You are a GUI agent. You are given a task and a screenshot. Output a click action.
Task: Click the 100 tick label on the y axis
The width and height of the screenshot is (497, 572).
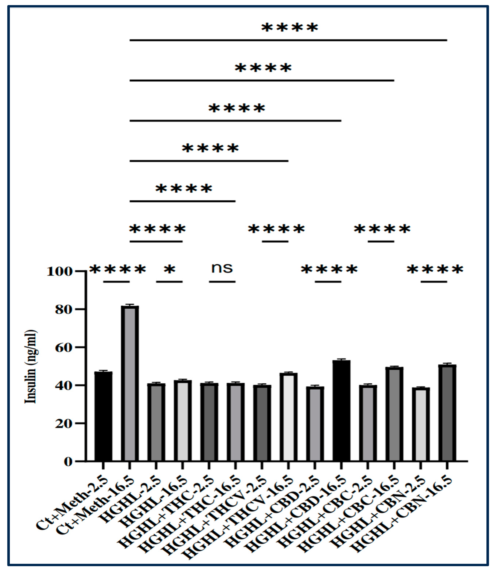point(60,272)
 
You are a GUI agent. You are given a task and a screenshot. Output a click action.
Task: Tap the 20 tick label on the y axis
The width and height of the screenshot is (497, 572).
point(64,424)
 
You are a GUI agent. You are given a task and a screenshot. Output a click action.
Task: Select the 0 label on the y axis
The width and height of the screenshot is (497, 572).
point(68,462)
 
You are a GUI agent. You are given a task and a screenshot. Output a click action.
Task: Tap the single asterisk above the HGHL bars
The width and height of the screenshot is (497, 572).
point(169,269)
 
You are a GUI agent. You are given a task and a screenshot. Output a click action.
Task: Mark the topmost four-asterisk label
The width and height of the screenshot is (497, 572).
point(290,28)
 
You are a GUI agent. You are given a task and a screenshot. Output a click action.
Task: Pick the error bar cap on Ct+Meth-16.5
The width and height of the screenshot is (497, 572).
point(129,305)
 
